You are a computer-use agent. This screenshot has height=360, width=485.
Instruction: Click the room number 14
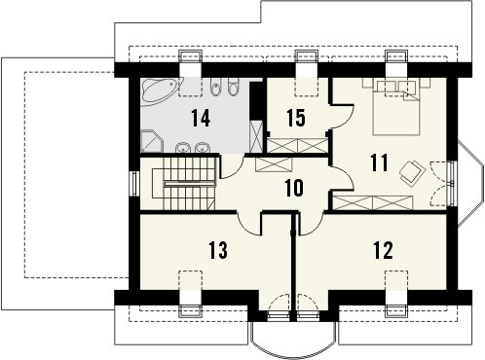pos(201,118)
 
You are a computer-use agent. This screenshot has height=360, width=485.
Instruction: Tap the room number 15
pos(296,118)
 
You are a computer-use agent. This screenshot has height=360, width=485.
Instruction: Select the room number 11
pos(379,162)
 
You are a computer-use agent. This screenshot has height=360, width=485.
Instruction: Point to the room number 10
pos(294,188)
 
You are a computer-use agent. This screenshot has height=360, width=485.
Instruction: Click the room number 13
pos(218,250)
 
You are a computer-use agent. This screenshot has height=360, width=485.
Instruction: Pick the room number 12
pos(383,250)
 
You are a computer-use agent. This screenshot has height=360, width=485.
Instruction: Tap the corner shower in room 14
pos(152,141)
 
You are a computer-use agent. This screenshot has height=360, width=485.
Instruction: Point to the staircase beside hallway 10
pos(184,184)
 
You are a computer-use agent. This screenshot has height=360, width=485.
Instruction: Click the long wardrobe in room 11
pos(373,202)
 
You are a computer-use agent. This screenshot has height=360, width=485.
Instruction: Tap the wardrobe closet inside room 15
pos(297,145)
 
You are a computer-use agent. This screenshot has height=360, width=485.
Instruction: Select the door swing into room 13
pos(250,224)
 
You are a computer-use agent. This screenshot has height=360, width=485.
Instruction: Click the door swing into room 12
pos(311,224)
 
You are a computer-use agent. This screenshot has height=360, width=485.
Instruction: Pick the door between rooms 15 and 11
pos(342,116)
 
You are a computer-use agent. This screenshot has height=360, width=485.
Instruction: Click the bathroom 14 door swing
pos(232,167)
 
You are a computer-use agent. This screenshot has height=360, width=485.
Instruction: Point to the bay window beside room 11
pos(468,183)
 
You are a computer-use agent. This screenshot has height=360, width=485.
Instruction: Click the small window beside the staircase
pos(134,183)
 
